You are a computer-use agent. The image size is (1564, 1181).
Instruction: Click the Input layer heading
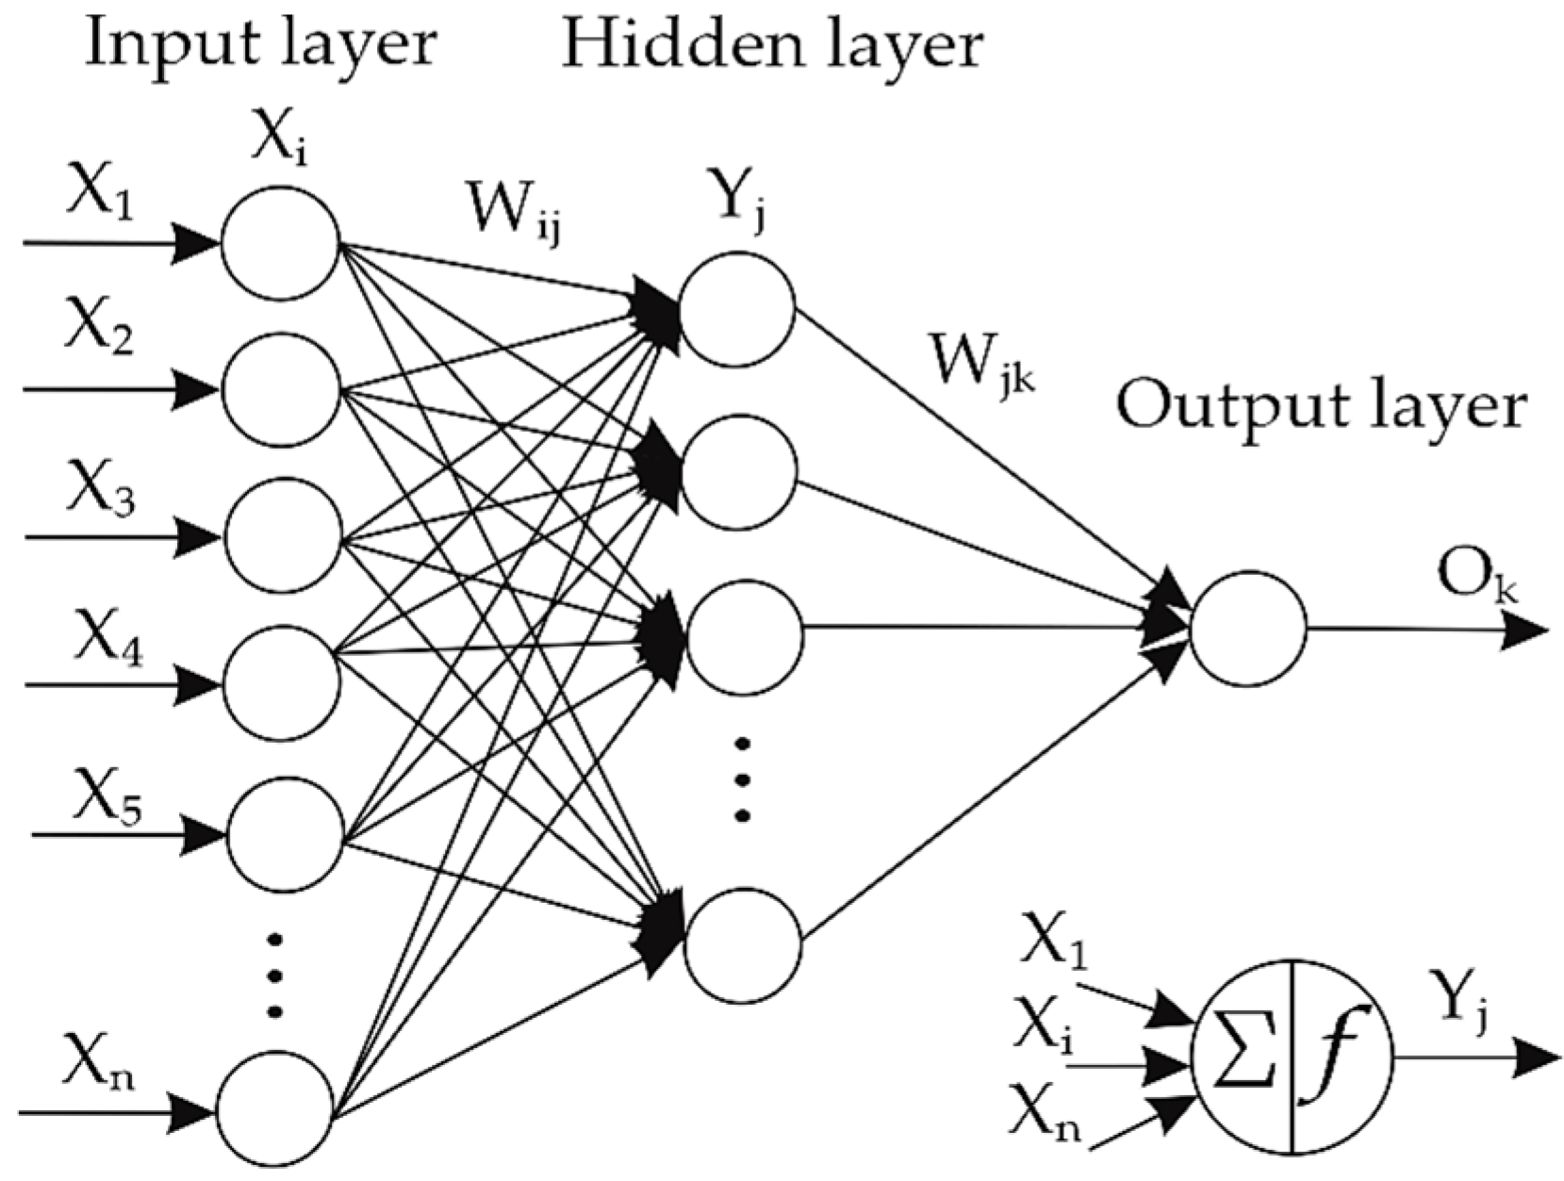pos(261,44)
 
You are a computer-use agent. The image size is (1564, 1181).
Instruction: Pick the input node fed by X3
pos(283,536)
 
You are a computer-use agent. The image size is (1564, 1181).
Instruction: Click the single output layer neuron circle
pos(1248,628)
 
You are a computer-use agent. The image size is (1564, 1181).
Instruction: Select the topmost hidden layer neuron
pos(736,306)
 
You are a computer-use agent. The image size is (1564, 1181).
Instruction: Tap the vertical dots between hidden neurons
pos(742,779)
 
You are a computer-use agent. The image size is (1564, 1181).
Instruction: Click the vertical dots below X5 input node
pos(274,975)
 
